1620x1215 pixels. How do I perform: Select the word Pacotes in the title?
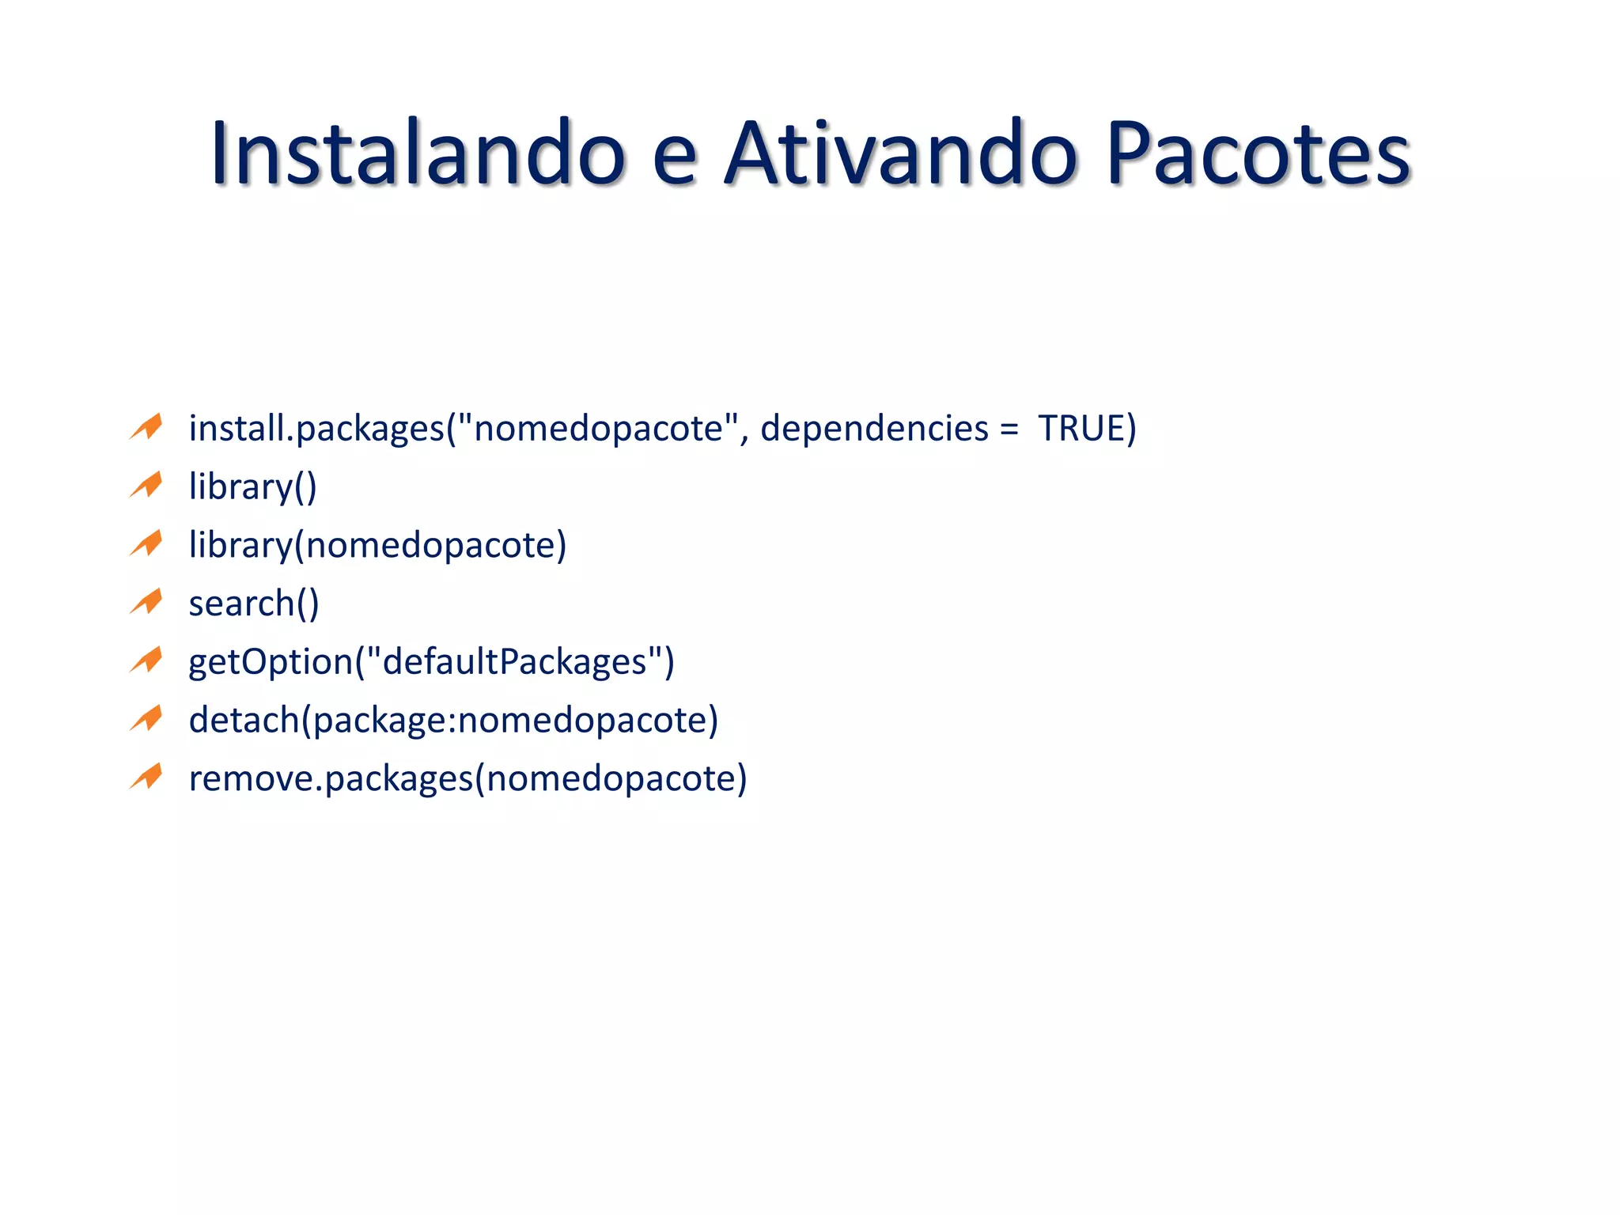click(1258, 154)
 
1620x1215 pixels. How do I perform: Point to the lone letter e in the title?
click(675, 158)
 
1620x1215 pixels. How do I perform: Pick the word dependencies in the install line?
click(874, 430)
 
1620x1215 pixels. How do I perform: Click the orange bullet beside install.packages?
click(146, 426)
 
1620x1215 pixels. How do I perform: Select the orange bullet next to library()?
click(146, 485)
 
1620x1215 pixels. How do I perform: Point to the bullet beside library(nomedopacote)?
click(146, 543)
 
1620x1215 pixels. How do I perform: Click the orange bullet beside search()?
click(146, 602)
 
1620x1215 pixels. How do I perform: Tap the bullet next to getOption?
click(146, 660)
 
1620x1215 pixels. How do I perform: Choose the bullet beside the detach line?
click(146, 719)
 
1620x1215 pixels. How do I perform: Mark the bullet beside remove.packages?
click(146, 777)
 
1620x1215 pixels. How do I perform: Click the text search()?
click(254, 604)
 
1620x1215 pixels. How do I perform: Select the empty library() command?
click(252, 486)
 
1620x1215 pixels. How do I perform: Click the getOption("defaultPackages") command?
click(431, 662)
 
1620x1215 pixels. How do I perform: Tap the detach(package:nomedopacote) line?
click(453, 721)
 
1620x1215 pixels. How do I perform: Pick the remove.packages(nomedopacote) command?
click(467, 779)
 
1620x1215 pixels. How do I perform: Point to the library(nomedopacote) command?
click(377, 545)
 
